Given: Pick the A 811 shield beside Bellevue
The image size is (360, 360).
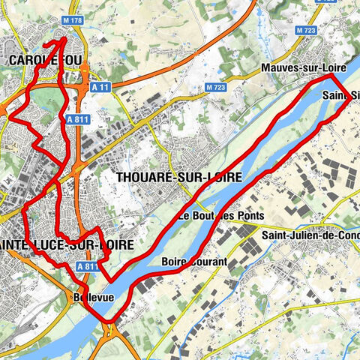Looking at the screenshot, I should [x=87, y=265].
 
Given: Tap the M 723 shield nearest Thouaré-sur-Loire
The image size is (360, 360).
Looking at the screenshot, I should [x=215, y=88].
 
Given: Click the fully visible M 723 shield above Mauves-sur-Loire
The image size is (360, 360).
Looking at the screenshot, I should [x=305, y=31].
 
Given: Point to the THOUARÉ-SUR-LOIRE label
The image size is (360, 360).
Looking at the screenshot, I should [x=179, y=177].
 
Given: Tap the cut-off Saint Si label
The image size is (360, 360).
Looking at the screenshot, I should [x=340, y=95].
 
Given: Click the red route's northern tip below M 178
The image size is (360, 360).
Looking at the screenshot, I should [x=64, y=38].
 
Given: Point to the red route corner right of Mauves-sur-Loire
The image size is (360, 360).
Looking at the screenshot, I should [x=332, y=76].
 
